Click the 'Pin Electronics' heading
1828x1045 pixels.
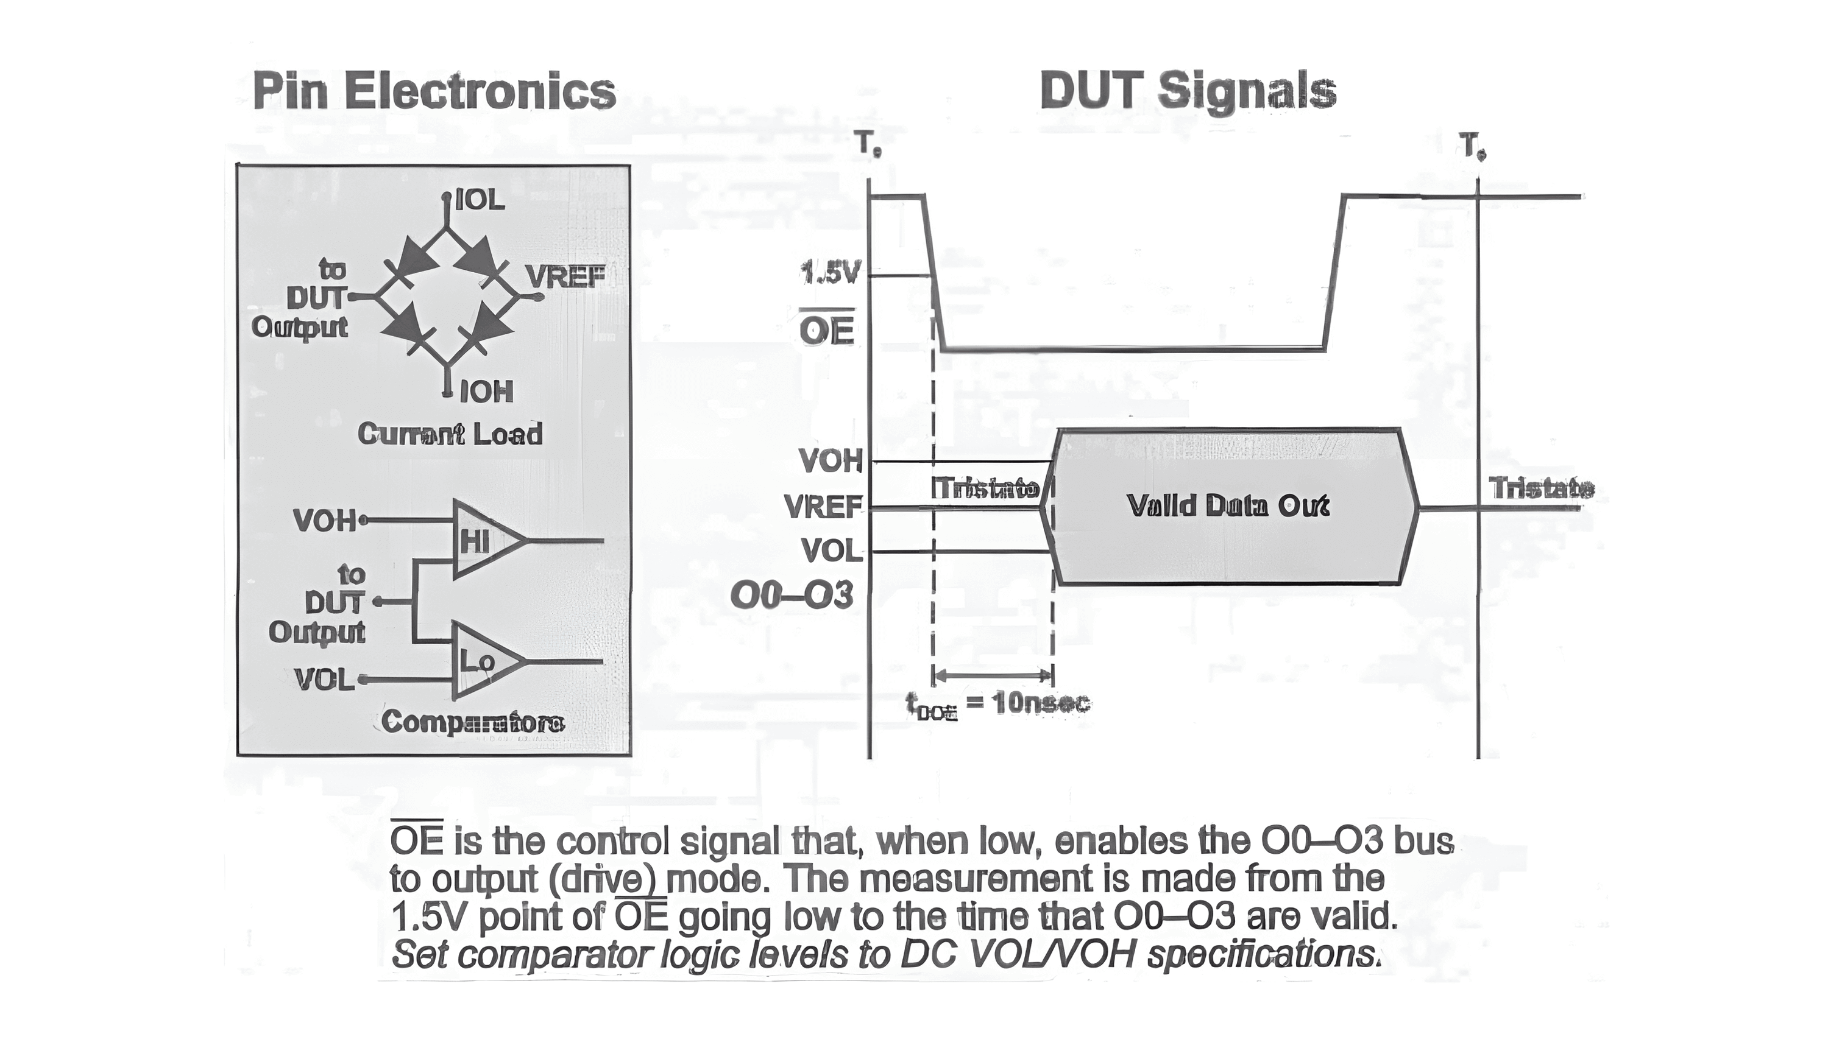434,91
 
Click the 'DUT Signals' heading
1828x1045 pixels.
1188,91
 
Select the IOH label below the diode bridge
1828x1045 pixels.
486,392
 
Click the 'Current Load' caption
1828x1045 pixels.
450,434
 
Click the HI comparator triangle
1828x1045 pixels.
481,541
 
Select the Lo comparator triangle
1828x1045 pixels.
481,661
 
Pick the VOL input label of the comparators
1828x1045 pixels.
325,680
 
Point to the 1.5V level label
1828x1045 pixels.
829,273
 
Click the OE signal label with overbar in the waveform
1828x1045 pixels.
826,331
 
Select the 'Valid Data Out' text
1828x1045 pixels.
1228,506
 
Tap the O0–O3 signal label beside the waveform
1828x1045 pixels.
792,596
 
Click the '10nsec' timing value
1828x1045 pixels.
1041,703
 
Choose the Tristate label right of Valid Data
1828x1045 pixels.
1542,489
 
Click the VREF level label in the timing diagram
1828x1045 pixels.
824,507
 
